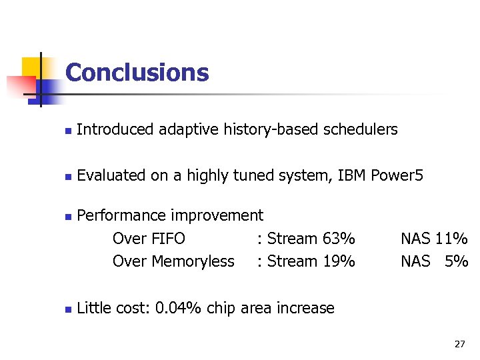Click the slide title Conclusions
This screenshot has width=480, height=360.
[x=137, y=72]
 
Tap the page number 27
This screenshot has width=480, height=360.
[x=459, y=344]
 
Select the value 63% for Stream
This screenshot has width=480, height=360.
[x=338, y=239]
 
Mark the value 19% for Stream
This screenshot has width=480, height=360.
[x=338, y=261]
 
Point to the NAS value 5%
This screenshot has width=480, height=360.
[x=456, y=261]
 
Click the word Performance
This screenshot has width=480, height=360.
[x=121, y=215]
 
